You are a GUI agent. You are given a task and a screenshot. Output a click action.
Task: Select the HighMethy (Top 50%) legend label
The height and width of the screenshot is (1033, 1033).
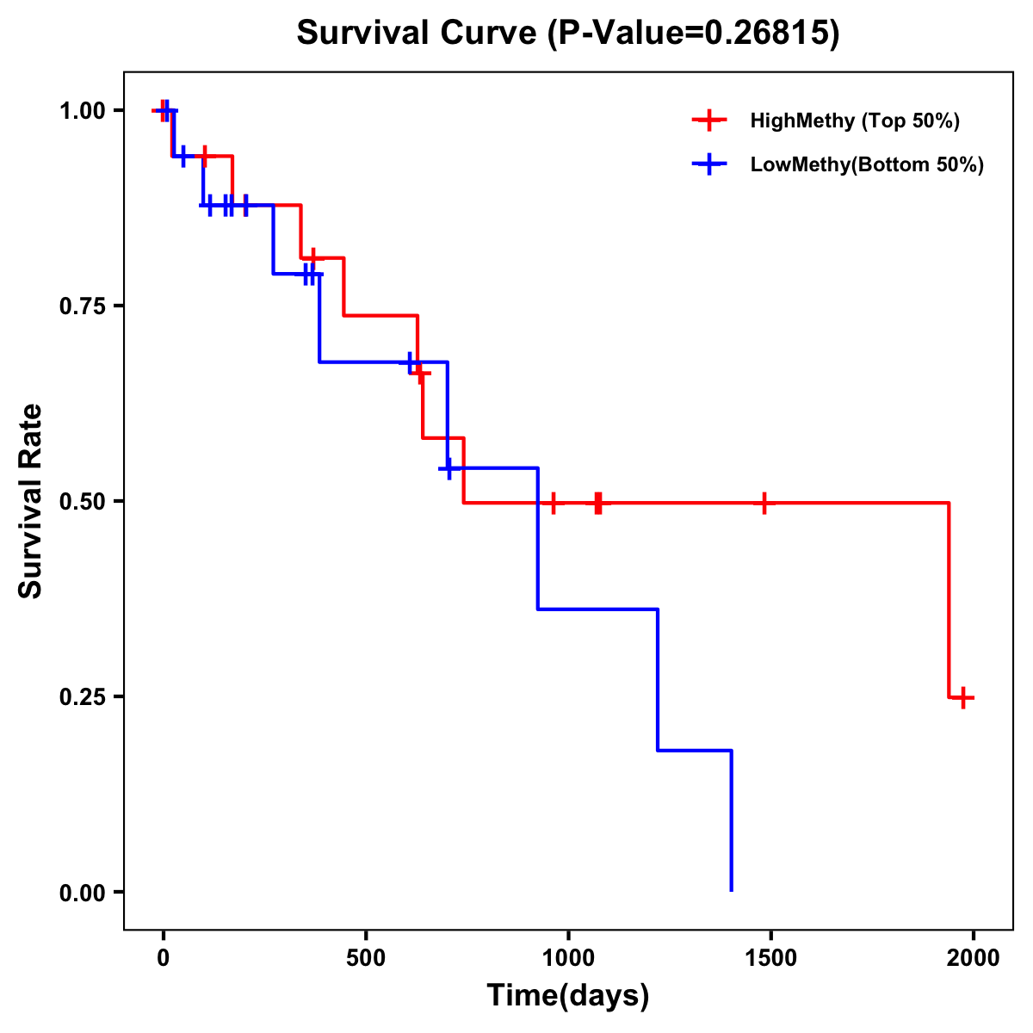tap(855, 121)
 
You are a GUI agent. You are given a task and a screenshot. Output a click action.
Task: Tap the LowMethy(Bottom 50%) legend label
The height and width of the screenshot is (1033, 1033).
tap(867, 164)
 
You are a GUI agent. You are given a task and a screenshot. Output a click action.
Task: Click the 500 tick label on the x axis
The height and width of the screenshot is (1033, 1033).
tap(366, 957)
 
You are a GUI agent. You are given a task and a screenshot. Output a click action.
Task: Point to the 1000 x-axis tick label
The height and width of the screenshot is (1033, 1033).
tap(568, 957)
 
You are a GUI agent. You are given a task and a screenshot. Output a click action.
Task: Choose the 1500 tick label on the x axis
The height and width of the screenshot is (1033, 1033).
tap(770, 957)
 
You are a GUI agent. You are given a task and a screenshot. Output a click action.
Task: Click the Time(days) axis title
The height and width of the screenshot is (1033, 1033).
tap(568, 995)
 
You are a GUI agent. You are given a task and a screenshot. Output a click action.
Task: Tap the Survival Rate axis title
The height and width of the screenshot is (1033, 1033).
tap(31, 501)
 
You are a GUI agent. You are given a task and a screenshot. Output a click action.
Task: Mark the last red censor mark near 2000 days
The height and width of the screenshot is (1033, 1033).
tap(963, 697)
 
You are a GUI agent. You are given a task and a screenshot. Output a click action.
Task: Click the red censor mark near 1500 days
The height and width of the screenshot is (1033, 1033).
tap(764, 503)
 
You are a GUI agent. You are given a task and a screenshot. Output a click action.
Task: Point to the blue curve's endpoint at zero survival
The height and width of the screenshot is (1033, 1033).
tap(732, 890)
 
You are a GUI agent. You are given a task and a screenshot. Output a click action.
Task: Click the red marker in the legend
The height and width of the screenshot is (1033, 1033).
tap(708, 121)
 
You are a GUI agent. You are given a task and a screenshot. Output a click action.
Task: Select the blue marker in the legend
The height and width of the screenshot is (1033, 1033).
tap(708, 164)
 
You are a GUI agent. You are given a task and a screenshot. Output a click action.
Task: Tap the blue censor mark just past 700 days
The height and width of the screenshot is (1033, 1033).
tap(448, 468)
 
